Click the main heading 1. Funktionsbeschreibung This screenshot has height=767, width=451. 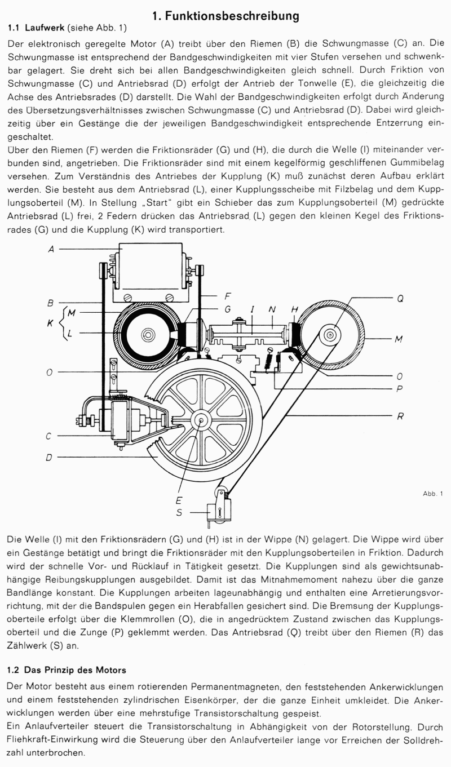click(x=225, y=16)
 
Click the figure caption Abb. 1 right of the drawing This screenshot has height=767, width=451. click(x=433, y=494)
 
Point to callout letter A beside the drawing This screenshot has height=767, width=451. click(x=51, y=249)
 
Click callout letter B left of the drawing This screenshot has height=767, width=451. click(x=50, y=303)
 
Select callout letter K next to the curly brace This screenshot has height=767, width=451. click(x=50, y=324)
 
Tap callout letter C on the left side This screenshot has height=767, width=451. click(x=50, y=436)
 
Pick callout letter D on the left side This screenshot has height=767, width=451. click(x=50, y=457)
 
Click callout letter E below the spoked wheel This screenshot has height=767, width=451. click(x=179, y=500)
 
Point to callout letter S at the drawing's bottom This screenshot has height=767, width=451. click(x=179, y=513)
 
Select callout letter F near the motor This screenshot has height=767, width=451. click(x=227, y=295)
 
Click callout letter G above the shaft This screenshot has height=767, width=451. click(x=227, y=309)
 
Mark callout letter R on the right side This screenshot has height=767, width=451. click(x=400, y=416)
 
